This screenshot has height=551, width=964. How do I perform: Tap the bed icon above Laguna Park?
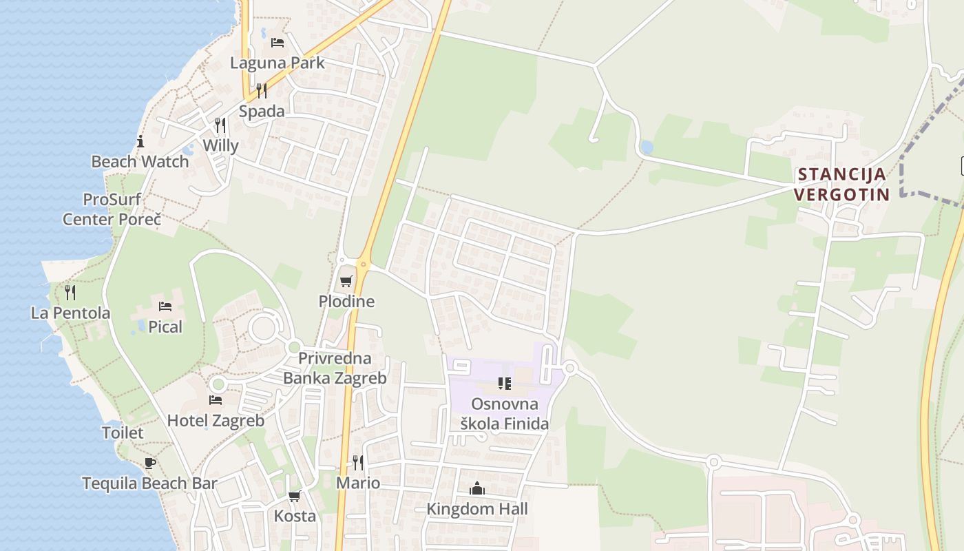click(277, 43)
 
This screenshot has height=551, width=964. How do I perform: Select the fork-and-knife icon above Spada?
click(262, 90)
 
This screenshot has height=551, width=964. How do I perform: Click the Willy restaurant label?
click(220, 145)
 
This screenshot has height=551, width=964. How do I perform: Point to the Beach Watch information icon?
click(140, 142)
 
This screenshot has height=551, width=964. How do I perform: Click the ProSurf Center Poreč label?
click(112, 209)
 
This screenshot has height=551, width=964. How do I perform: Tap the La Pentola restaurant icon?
click(70, 293)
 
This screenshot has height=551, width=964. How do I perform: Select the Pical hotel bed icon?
click(165, 306)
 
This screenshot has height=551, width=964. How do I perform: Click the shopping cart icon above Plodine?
click(346, 281)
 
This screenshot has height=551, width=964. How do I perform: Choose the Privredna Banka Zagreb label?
click(335, 368)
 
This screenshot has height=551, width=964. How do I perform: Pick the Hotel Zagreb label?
click(216, 420)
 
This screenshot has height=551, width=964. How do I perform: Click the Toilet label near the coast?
click(123, 433)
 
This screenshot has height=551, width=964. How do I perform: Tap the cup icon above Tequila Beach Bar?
click(149, 463)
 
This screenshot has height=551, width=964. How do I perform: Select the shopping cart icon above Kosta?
click(295, 496)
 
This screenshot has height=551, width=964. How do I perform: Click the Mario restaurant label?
click(358, 483)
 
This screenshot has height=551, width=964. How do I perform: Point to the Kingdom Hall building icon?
click(477, 489)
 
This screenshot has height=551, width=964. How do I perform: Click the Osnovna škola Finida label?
click(505, 413)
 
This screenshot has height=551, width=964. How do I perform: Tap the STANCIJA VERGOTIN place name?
click(841, 184)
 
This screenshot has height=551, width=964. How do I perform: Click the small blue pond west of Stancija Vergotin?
click(646, 147)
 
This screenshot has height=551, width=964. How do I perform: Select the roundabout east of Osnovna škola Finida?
click(569, 368)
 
